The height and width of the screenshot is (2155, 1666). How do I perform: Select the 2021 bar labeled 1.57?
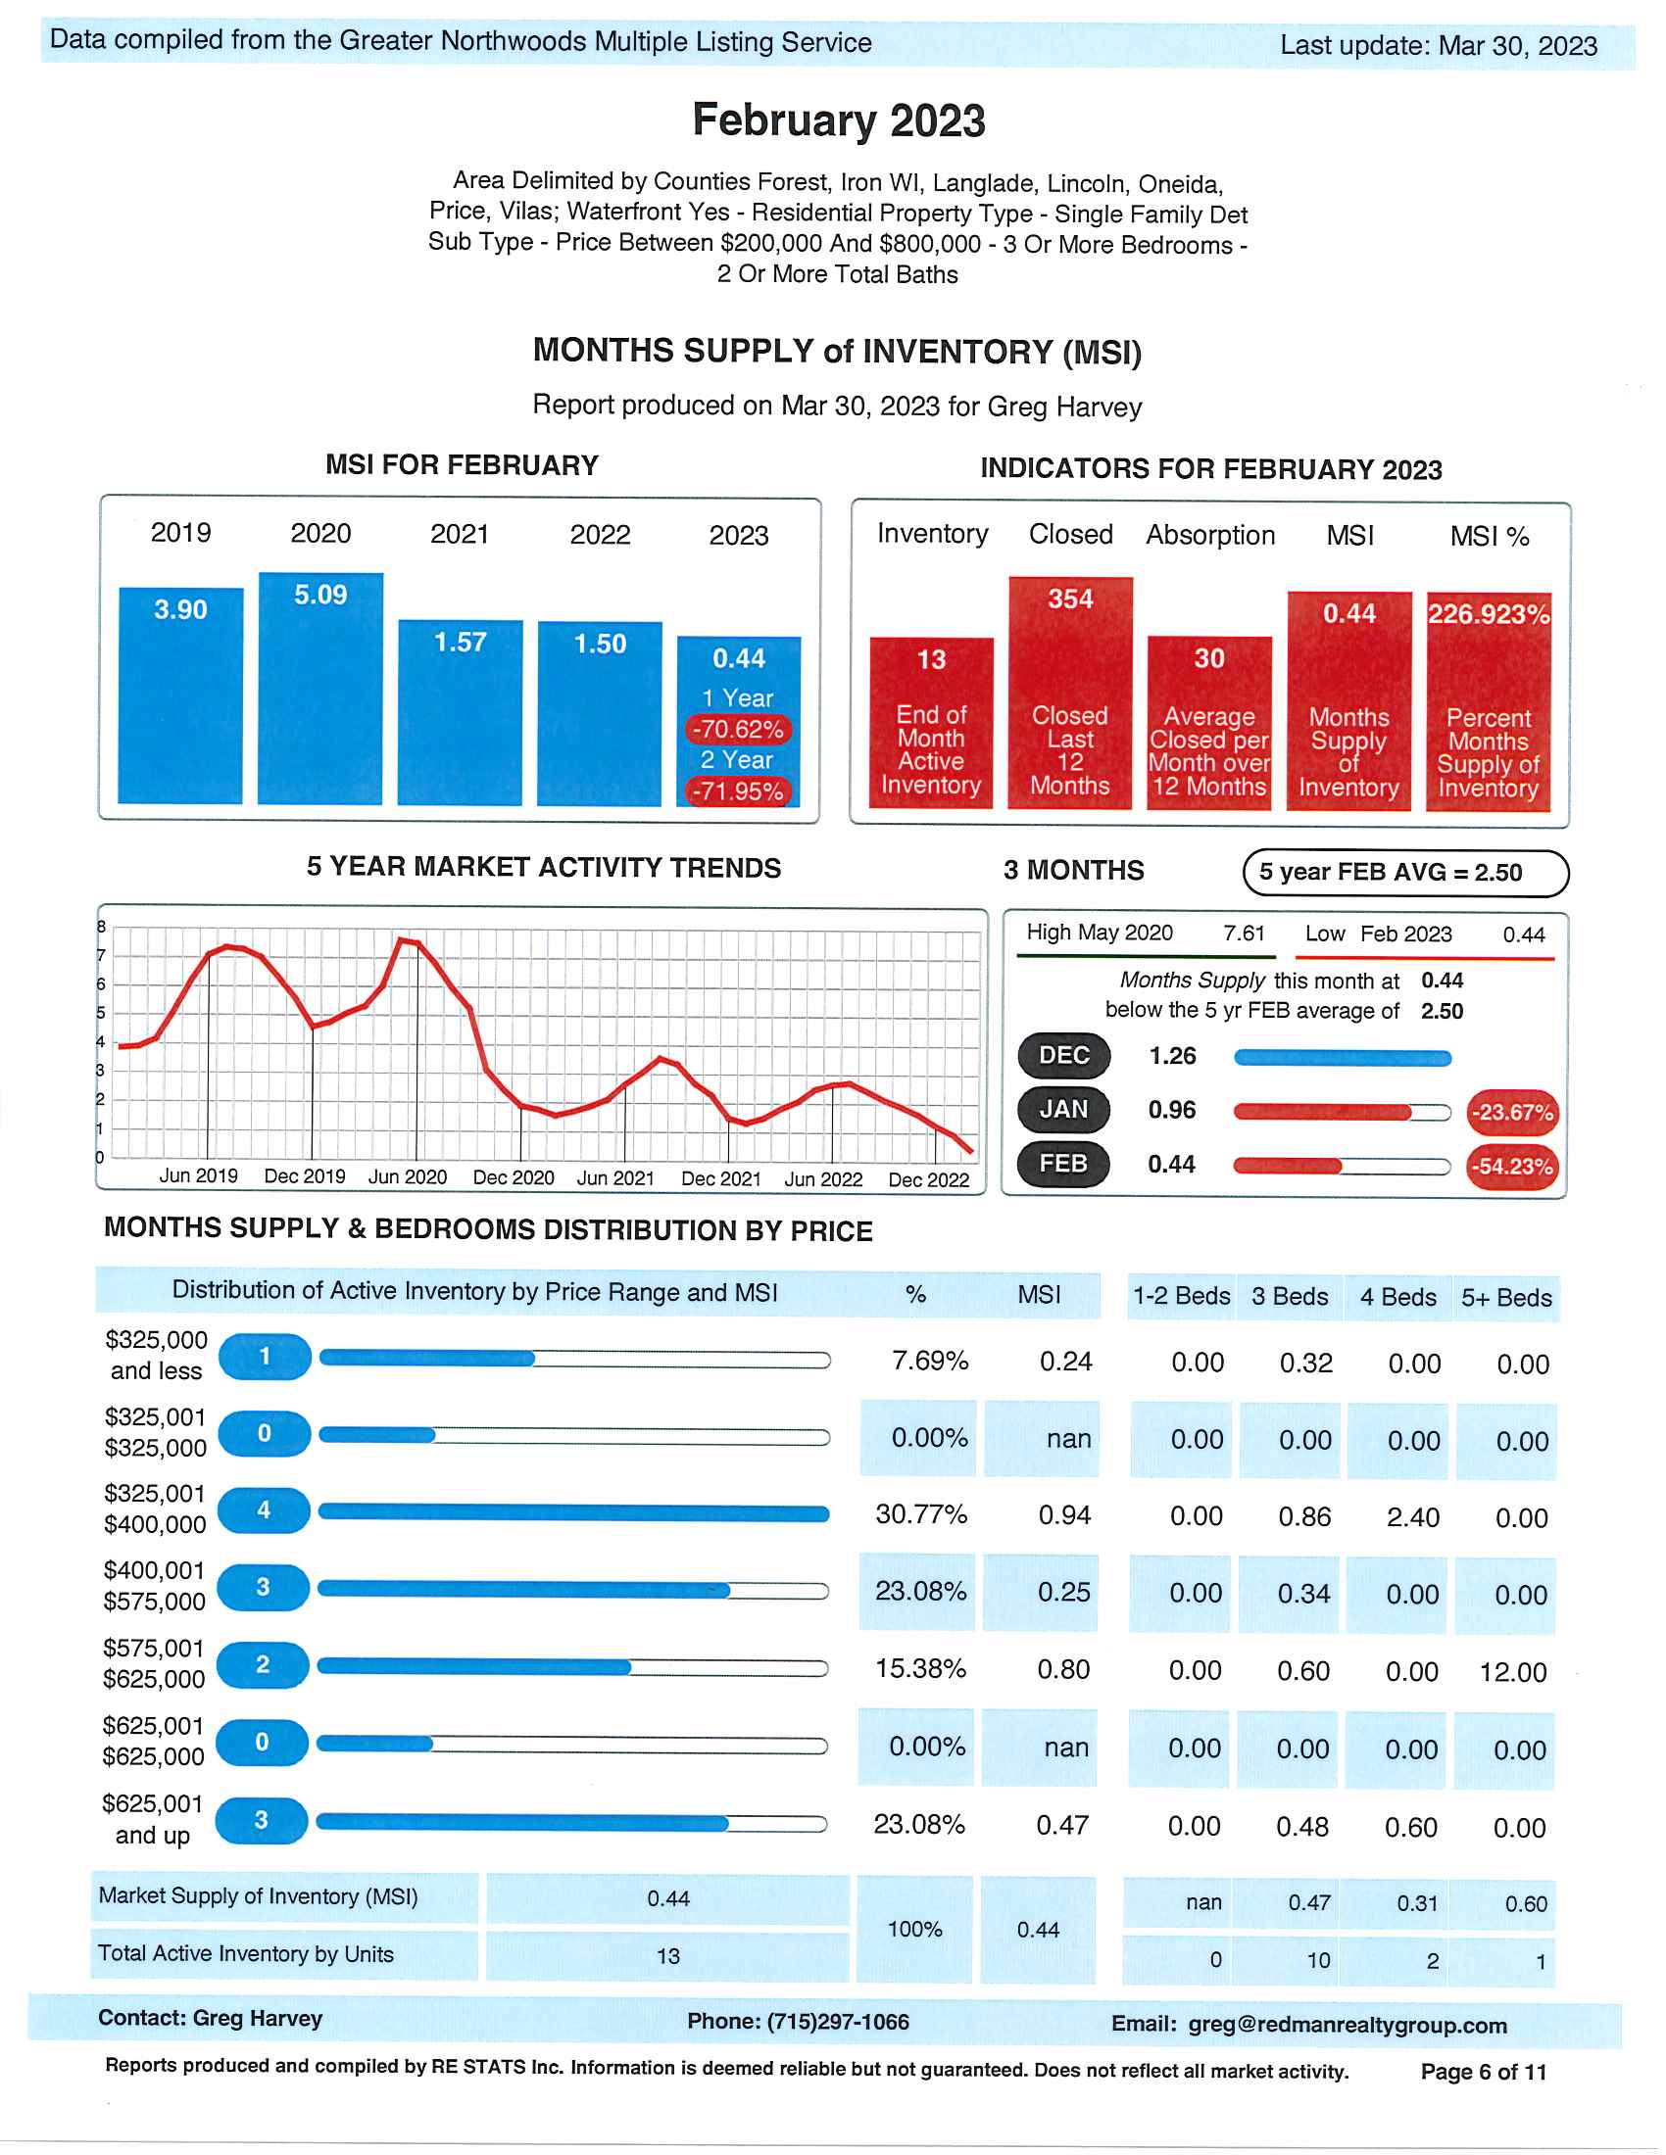pos(460,712)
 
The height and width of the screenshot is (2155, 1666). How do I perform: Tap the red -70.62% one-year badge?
pos(738,729)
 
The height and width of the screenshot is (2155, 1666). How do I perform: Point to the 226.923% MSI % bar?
pos(1489,701)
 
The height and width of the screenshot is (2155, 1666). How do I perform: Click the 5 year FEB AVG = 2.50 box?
pos(1404,872)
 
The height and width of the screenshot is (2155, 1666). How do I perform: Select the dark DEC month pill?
pos(1064,1055)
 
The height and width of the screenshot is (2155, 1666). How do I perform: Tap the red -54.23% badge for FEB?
pos(1512,1167)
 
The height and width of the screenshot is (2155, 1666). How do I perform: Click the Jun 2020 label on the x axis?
pos(408,1176)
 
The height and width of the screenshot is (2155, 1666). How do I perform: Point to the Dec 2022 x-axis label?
pos(929,1179)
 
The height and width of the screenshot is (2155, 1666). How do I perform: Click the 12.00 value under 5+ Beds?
pos(1513,1671)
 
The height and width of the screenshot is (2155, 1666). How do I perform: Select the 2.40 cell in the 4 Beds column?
pos(1412,1516)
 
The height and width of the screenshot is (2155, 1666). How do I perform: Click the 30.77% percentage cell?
pos(921,1513)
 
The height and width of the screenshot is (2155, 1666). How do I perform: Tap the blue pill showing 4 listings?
pos(264,1509)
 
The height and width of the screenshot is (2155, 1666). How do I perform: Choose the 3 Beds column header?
pos(1290,1296)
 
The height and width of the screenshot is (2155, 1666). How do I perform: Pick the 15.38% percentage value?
pos(921,1667)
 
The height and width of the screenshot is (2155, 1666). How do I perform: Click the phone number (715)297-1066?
pos(837,2021)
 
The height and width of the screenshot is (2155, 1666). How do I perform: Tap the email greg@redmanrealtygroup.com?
pos(1347,2025)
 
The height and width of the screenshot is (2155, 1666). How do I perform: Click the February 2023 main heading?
pos(838,120)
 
